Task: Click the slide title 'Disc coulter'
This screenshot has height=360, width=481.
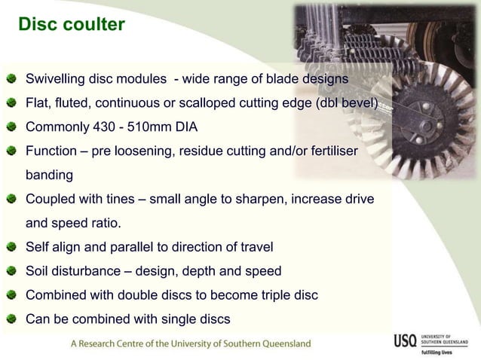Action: [x=72, y=26]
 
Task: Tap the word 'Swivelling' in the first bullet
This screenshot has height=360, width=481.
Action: [x=56, y=79]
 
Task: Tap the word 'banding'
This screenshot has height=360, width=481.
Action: [x=50, y=175]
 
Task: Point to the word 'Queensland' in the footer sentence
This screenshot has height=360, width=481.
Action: [x=280, y=343]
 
